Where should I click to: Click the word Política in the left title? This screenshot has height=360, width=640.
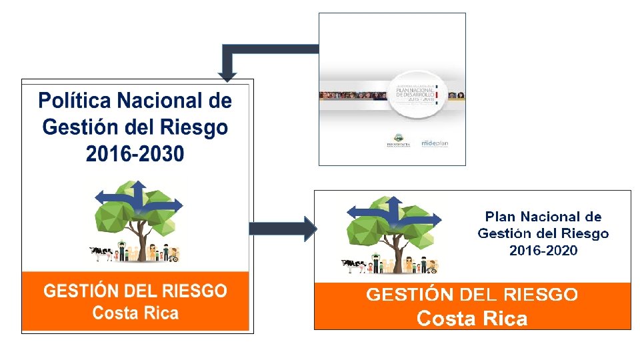point(74,101)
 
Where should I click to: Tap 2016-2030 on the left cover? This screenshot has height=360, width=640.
point(135,154)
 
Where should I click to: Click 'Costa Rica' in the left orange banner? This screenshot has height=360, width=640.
point(135,313)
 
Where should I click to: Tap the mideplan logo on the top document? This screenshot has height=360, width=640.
point(436,143)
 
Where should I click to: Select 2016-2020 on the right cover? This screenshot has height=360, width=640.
point(543,251)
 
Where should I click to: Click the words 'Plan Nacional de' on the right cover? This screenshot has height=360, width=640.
point(543,217)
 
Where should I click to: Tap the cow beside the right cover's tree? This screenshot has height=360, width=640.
point(353,266)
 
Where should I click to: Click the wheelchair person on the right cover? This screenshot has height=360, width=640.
point(432,268)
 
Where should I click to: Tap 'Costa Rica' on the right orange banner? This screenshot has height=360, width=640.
point(472,319)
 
